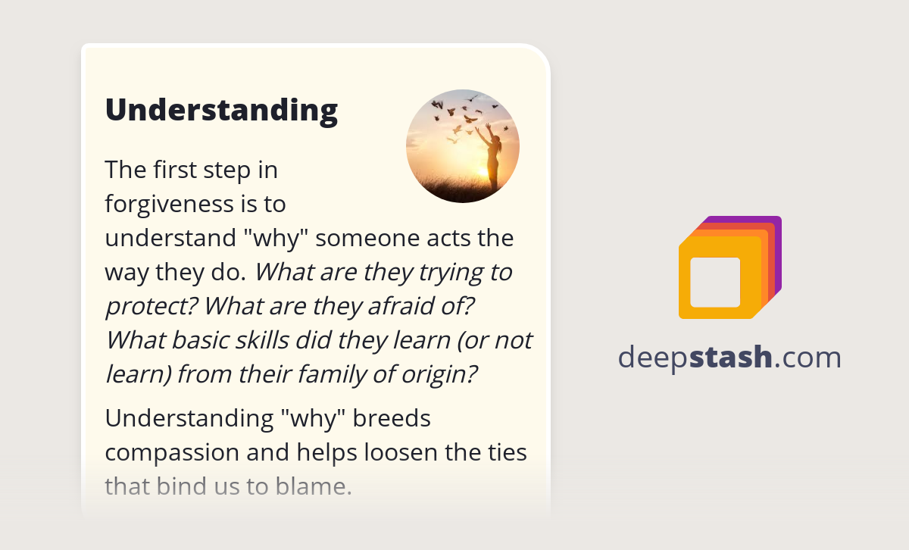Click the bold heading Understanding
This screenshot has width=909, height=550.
click(x=221, y=110)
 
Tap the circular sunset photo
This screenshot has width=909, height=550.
click(x=462, y=146)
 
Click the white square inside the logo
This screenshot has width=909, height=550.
click(x=715, y=282)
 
